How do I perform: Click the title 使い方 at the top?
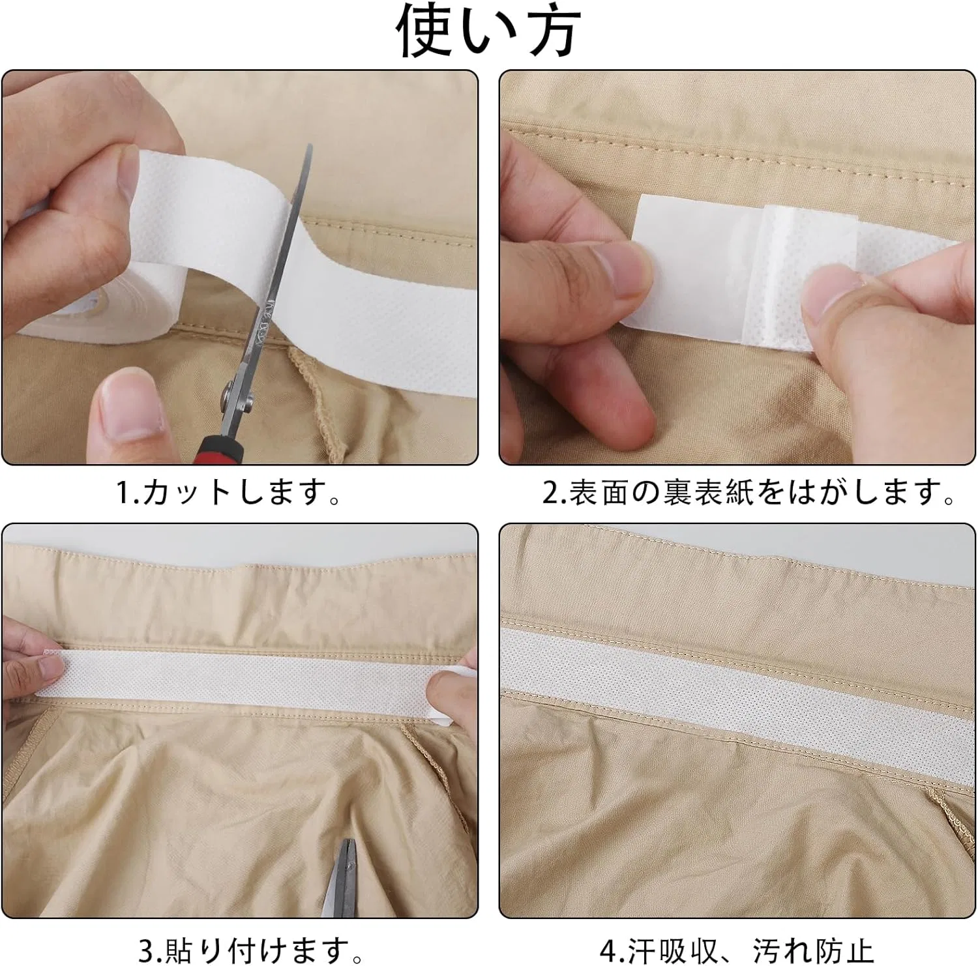pyautogui.click(x=489, y=31)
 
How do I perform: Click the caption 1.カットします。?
pyautogui.click(x=229, y=493)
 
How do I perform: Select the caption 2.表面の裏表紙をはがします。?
pyautogui.click(x=749, y=493)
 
